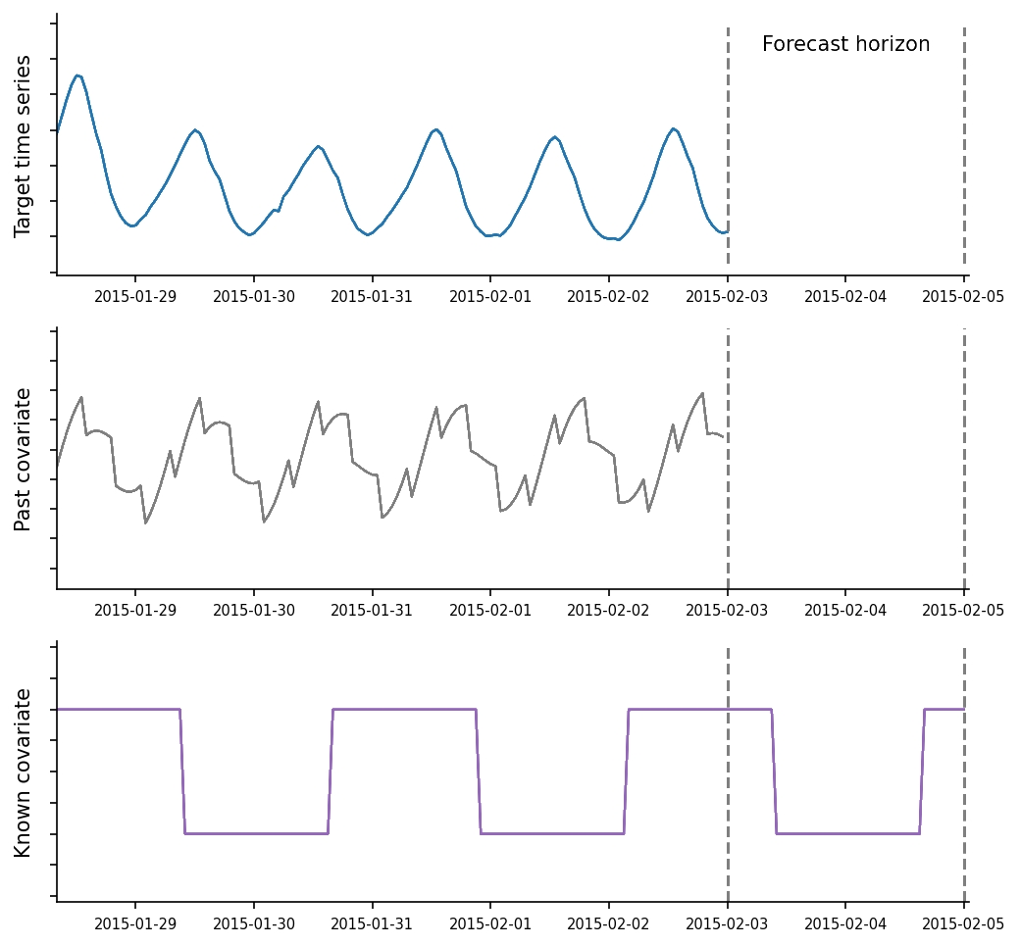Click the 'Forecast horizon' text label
coord(845,44)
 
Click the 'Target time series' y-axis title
coord(24,145)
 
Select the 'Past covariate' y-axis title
coord(24,459)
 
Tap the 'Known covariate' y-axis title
coord(24,772)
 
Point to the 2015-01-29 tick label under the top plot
coord(135,296)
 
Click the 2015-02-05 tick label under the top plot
coord(963,296)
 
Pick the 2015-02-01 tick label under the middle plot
coord(490,610)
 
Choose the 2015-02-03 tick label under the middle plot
coord(727,610)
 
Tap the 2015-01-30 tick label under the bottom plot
coord(254,923)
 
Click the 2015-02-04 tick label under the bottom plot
coord(845,923)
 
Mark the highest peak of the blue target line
coord(77,75)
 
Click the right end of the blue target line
coord(727,231)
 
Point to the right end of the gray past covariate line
coord(723,437)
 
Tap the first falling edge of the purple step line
coord(182,772)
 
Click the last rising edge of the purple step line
coord(922,772)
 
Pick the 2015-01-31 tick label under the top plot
coord(372,296)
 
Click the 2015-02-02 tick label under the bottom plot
coord(609,923)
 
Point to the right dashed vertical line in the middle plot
coord(964,461)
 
